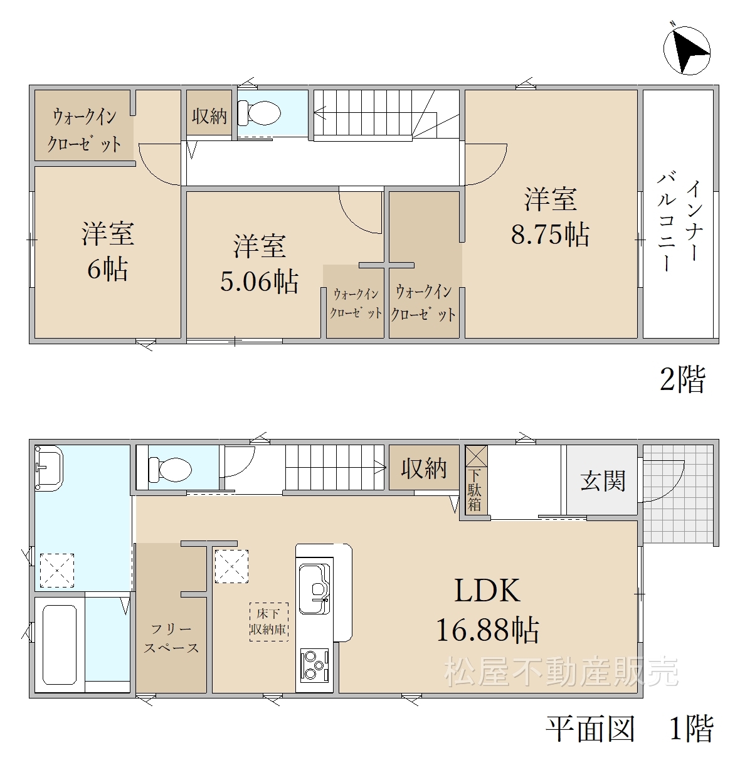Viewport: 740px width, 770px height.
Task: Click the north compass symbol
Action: (x=687, y=51)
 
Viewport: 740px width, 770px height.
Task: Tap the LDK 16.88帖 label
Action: (x=487, y=609)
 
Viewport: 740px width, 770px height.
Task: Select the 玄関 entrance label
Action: (x=603, y=481)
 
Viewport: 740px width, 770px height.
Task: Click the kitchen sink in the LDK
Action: (x=315, y=589)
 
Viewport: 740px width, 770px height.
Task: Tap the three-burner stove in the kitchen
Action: (x=314, y=665)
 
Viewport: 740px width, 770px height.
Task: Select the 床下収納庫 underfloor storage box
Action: (x=268, y=621)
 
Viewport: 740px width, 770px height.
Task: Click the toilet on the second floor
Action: (x=259, y=113)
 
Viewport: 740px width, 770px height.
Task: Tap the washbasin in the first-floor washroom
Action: (x=49, y=468)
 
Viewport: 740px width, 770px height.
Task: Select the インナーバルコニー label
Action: (x=679, y=221)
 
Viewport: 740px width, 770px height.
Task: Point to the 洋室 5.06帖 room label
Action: (x=259, y=263)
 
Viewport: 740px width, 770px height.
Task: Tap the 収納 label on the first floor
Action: (x=424, y=468)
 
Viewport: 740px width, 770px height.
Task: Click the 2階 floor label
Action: (x=683, y=379)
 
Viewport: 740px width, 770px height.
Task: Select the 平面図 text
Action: (x=591, y=729)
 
